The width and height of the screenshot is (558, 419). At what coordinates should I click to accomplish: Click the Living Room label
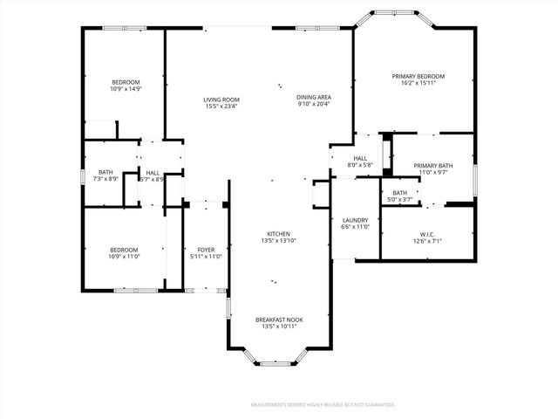tap(222, 100)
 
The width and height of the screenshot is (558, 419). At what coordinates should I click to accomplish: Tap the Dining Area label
tap(313, 98)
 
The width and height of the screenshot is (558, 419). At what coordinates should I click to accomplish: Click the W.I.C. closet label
tap(427, 234)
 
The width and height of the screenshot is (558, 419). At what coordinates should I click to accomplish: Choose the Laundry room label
tap(355, 220)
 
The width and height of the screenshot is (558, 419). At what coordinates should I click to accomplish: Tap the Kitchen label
tap(278, 234)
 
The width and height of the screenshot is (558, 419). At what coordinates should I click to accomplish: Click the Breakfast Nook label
tap(278, 320)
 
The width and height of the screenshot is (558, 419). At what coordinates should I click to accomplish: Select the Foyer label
tap(206, 250)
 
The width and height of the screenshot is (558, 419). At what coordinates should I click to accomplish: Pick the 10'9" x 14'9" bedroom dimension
tap(126, 89)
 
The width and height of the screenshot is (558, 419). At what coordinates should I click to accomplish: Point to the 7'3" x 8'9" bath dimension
tap(105, 179)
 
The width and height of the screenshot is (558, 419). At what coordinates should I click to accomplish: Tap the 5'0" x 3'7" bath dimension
tap(400, 199)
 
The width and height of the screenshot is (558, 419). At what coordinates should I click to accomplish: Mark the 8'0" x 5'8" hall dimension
tap(360, 165)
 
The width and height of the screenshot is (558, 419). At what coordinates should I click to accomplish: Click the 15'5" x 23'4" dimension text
tap(222, 106)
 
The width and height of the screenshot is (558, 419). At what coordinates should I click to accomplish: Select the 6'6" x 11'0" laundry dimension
tap(355, 227)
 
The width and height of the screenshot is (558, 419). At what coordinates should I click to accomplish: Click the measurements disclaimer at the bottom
tap(323, 405)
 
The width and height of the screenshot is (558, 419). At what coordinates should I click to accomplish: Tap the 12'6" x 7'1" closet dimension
tap(427, 241)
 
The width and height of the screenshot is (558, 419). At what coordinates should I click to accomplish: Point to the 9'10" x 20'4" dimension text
tap(313, 105)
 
